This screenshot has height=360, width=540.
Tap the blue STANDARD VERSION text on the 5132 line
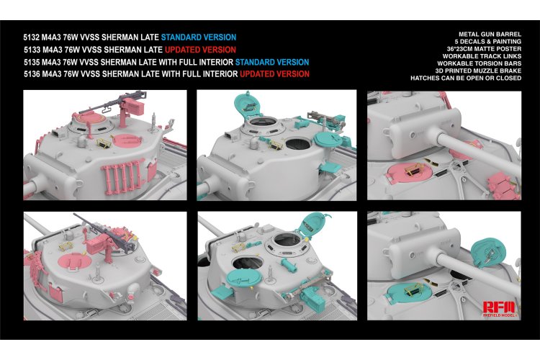198,37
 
